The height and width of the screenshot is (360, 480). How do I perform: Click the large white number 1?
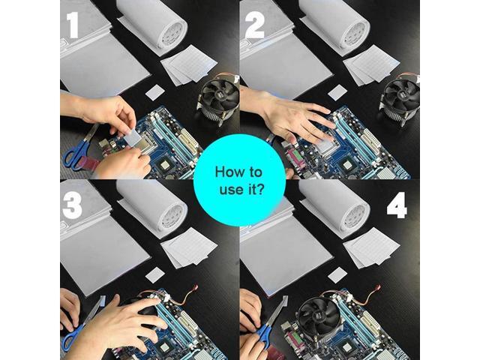(x=73, y=25)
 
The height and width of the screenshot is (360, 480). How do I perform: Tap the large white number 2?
(x=255, y=25)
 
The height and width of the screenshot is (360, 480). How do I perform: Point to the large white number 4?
(x=397, y=205)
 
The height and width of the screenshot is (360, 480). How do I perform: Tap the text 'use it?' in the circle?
(x=241, y=190)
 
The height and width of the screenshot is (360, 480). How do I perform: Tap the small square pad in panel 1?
(x=155, y=92)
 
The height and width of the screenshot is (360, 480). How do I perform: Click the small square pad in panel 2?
(x=337, y=92)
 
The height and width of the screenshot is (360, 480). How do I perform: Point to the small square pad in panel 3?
(x=155, y=274)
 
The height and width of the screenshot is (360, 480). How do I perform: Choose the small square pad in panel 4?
(x=337, y=274)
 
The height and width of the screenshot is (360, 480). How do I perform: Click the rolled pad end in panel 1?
(x=173, y=32)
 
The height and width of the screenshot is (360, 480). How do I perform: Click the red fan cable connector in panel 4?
(x=379, y=288)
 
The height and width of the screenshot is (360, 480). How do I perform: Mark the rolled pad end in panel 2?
(x=355, y=32)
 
